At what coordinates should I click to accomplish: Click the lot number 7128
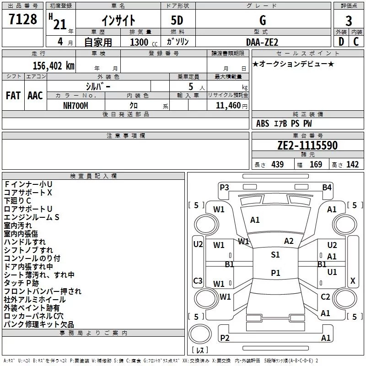(23, 19)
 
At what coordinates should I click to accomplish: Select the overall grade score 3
(349, 21)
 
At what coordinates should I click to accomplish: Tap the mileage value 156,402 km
(54, 66)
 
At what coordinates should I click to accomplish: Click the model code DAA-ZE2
(262, 42)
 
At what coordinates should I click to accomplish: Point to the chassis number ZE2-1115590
(307, 145)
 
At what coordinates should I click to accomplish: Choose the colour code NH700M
(75, 106)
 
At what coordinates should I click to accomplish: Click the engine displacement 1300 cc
(144, 42)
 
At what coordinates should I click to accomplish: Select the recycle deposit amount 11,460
(228, 106)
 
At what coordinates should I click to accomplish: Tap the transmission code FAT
(13, 96)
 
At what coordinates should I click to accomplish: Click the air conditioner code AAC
(35, 96)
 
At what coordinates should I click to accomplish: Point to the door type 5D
(177, 21)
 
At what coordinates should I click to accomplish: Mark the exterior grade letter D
(341, 42)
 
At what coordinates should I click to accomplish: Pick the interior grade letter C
(356, 42)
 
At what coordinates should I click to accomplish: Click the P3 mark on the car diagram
(224, 188)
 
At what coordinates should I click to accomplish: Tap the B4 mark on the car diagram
(327, 188)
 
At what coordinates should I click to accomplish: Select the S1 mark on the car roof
(275, 255)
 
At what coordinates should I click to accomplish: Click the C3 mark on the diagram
(198, 280)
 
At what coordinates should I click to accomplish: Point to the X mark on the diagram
(353, 281)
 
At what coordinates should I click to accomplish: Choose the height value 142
(352, 165)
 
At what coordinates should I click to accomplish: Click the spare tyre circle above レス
(200, 334)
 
